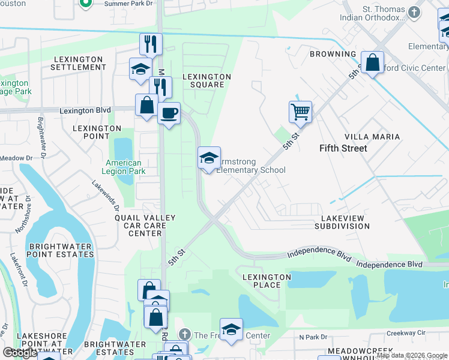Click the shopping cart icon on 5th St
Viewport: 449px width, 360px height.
pos(300,111)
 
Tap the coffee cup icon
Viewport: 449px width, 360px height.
pos(169,112)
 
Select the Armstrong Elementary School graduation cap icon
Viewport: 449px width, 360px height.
pos(209,158)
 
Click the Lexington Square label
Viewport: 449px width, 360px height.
pos(206,80)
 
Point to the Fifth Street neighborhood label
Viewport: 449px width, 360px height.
pos(343,148)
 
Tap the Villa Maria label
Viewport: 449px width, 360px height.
pos(377,137)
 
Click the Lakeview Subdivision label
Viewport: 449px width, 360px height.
pos(342,222)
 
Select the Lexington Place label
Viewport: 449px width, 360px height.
pos(262,281)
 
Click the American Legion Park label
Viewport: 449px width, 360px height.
pos(124,167)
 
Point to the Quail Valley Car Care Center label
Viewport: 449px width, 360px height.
pos(145,226)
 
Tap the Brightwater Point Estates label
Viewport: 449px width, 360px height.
pos(61,250)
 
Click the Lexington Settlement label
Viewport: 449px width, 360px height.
pos(79,63)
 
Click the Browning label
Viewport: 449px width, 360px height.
pos(333,54)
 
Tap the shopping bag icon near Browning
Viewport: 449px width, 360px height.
pos(372,62)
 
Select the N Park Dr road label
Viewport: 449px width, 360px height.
pos(311,337)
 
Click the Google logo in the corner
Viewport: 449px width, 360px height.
pos(20,353)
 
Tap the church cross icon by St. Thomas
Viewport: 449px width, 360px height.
pos(414,11)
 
